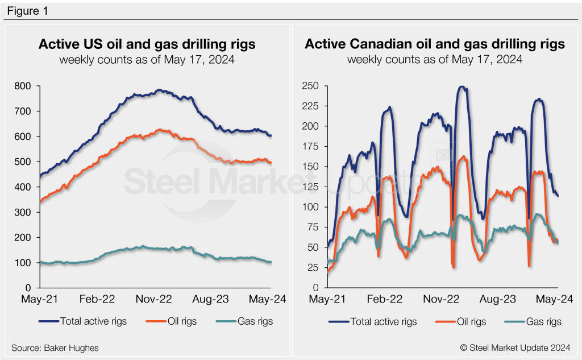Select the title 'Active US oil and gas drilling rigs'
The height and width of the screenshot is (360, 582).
click(147, 44)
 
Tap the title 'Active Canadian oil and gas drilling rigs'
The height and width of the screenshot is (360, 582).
click(435, 44)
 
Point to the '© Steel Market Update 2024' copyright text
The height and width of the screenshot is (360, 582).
click(517, 347)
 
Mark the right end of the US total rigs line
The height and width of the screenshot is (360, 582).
click(271, 135)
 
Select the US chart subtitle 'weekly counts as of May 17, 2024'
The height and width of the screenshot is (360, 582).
click(147, 59)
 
